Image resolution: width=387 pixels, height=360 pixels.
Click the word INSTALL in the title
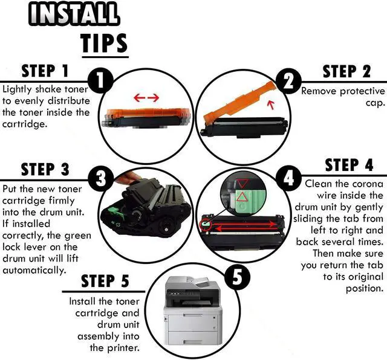pyautogui.click(x=74, y=14)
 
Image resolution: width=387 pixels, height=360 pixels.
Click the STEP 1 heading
pyautogui.click(x=45, y=71)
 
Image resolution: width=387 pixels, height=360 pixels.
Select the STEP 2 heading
pyautogui.click(x=346, y=71)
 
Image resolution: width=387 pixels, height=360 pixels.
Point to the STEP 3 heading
pyautogui.click(x=45, y=169)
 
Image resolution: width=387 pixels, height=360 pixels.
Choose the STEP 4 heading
pyautogui.click(x=349, y=165)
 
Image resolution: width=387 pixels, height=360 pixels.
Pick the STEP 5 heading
pyautogui.click(x=105, y=281)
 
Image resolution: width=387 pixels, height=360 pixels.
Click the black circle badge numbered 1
pyautogui.click(x=100, y=80)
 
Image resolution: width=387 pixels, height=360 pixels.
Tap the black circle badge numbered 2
pyautogui.click(x=289, y=82)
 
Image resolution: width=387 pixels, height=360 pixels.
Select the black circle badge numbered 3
pyautogui.click(x=101, y=179)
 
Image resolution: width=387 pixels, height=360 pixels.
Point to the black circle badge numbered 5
pyautogui.click(x=238, y=277)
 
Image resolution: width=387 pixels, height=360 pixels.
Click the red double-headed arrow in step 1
pyautogui.click(x=146, y=98)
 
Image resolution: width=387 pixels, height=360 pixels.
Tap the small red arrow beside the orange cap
pyautogui.click(x=272, y=105)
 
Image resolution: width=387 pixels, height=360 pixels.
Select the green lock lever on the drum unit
pyautogui.click(x=115, y=213)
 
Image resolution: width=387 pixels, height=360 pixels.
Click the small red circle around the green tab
pyautogui.click(x=206, y=224)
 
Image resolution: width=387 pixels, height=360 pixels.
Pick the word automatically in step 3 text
pyautogui.click(x=34, y=271)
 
